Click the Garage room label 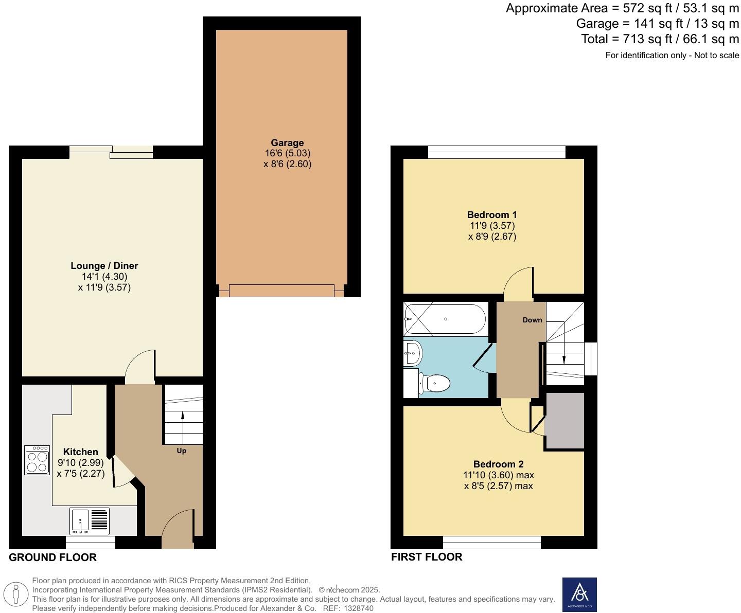[287, 143]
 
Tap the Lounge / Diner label [104, 266]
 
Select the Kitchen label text [81, 452]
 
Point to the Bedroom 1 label [491, 215]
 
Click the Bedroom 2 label [498, 464]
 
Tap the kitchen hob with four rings [37, 460]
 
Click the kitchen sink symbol [90, 520]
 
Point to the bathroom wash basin [413, 353]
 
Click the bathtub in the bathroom [445, 319]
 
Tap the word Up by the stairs [182, 451]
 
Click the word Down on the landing [532, 320]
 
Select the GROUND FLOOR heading [52, 557]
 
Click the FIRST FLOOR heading [427, 557]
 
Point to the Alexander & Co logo [579, 594]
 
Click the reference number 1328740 [359, 608]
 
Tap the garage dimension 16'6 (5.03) [287, 153]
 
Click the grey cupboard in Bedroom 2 [564, 421]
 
